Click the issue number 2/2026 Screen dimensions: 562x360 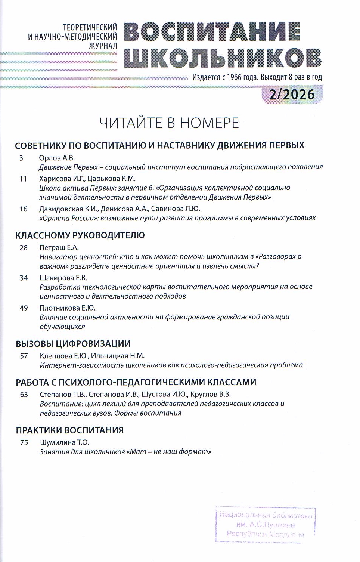coord(292,94)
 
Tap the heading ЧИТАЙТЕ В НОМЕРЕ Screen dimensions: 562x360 coord(169,123)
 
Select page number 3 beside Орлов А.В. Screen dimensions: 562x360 coord(21,158)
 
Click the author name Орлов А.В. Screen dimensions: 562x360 coord(57,158)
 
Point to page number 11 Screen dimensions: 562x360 coord(23,179)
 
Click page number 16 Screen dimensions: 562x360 coord(24,209)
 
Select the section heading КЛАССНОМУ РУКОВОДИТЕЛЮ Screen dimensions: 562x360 coord(80,235)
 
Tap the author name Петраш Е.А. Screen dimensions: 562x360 coord(59,248)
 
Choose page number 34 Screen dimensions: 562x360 coord(24,278)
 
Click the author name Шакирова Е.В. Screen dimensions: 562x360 coord(63,278)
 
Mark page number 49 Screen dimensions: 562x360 coord(24,308)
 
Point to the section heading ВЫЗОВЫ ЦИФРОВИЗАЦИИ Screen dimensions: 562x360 coord(73,344)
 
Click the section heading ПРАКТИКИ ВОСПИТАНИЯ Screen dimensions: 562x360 coord(69,430)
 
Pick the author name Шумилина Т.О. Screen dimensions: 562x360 coord(65,443)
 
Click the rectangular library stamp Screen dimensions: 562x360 coord(265,524)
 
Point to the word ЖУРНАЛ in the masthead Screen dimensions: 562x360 coord(103,46)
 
